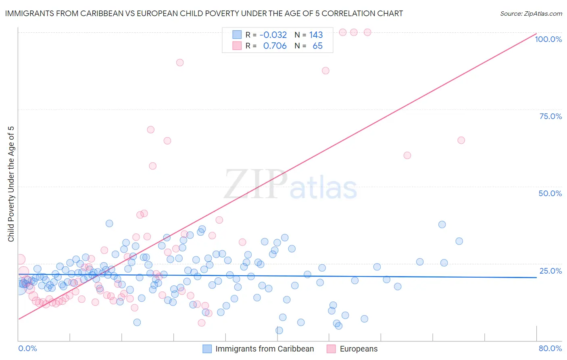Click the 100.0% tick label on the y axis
[548, 39]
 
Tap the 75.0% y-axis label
[550, 116]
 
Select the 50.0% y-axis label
[550, 193]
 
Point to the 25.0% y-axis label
[550, 271]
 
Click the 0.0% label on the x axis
[27, 348]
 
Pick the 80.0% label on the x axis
[550, 348]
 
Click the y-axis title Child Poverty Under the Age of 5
[11, 184]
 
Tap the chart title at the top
[204, 13]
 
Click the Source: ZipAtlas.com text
[531, 13]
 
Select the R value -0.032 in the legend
[273, 35]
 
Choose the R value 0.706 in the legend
[275, 46]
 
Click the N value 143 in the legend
[316, 35]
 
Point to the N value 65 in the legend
[317, 46]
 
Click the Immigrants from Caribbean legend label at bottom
[265, 349]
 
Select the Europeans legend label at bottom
[359, 349]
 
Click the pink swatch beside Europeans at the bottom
[331, 349]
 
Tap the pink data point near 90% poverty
[180, 63]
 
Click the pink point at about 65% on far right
[461, 140]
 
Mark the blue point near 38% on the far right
[442, 224]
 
